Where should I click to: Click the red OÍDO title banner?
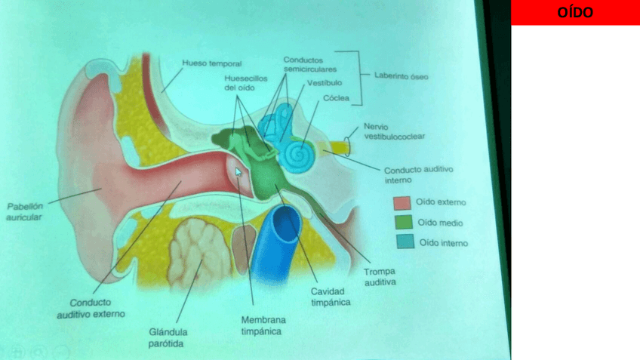point(575,13)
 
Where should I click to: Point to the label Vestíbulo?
point(325,82)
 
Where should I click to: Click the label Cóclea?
point(334,98)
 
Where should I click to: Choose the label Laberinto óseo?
point(402,75)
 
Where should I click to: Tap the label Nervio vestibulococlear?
point(393,131)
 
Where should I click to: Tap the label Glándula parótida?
point(168,337)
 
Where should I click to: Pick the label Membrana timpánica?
point(263,325)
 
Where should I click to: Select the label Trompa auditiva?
point(379,277)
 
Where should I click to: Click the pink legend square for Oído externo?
point(402,202)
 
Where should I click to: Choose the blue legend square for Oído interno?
point(405,242)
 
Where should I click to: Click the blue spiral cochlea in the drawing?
point(296,155)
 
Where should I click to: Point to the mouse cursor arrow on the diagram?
point(238,172)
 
